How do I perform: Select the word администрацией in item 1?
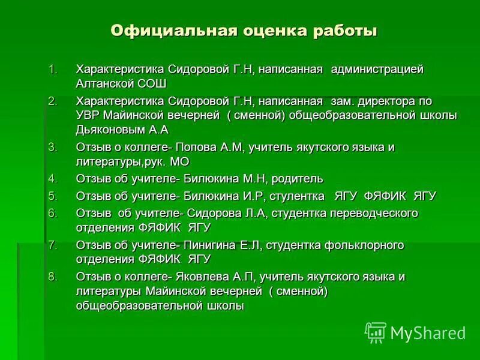point(378,70)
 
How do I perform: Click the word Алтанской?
point(105,83)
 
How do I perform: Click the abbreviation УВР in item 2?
point(88,115)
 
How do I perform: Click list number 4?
point(53,179)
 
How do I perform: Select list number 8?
point(53,277)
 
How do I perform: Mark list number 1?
point(53,70)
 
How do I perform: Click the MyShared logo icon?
point(376,332)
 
